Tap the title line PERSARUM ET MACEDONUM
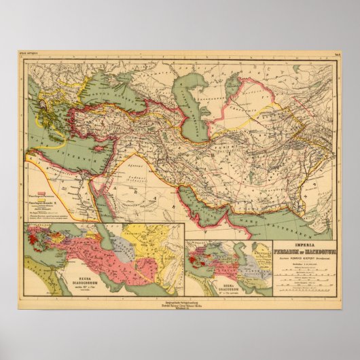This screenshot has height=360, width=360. click(x=304, y=251)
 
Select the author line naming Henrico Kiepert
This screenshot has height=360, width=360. click(x=304, y=259)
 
